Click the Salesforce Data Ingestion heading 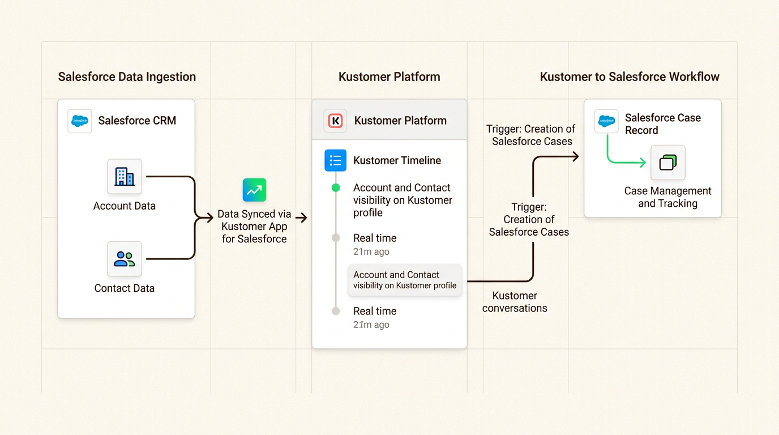(127, 77)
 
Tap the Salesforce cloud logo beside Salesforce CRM (80, 121)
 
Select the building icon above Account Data (125, 177)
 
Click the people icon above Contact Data (125, 259)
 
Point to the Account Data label (125, 206)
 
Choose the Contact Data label (125, 288)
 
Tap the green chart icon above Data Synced (254, 190)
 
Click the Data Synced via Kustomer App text (254, 227)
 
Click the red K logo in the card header (335, 121)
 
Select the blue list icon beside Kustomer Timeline (335, 161)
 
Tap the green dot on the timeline (336, 187)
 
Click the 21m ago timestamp (371, 251)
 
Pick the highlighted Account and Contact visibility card (405, 280)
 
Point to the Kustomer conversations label (515, 302)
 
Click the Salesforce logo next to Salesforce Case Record (606, 121)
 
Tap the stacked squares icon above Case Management (668, 163)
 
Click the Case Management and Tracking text (668, 197)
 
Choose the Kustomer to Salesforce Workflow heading (630, 77)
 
